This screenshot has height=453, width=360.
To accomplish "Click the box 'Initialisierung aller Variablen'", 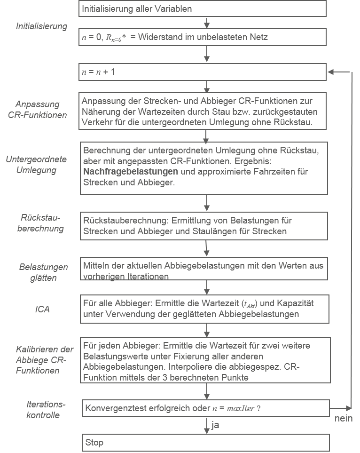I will [202, 8].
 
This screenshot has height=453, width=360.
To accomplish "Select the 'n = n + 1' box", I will [202, 72].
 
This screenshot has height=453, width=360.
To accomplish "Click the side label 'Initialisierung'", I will [42, 26].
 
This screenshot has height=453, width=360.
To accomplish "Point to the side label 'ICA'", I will [42, 310].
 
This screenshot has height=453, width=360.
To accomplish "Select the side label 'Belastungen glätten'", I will [43, 272].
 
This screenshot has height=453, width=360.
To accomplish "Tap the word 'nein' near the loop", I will [344, 418].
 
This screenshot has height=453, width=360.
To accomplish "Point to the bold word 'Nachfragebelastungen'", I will [131, 171].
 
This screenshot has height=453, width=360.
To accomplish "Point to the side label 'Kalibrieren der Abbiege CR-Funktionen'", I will [45, 360].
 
